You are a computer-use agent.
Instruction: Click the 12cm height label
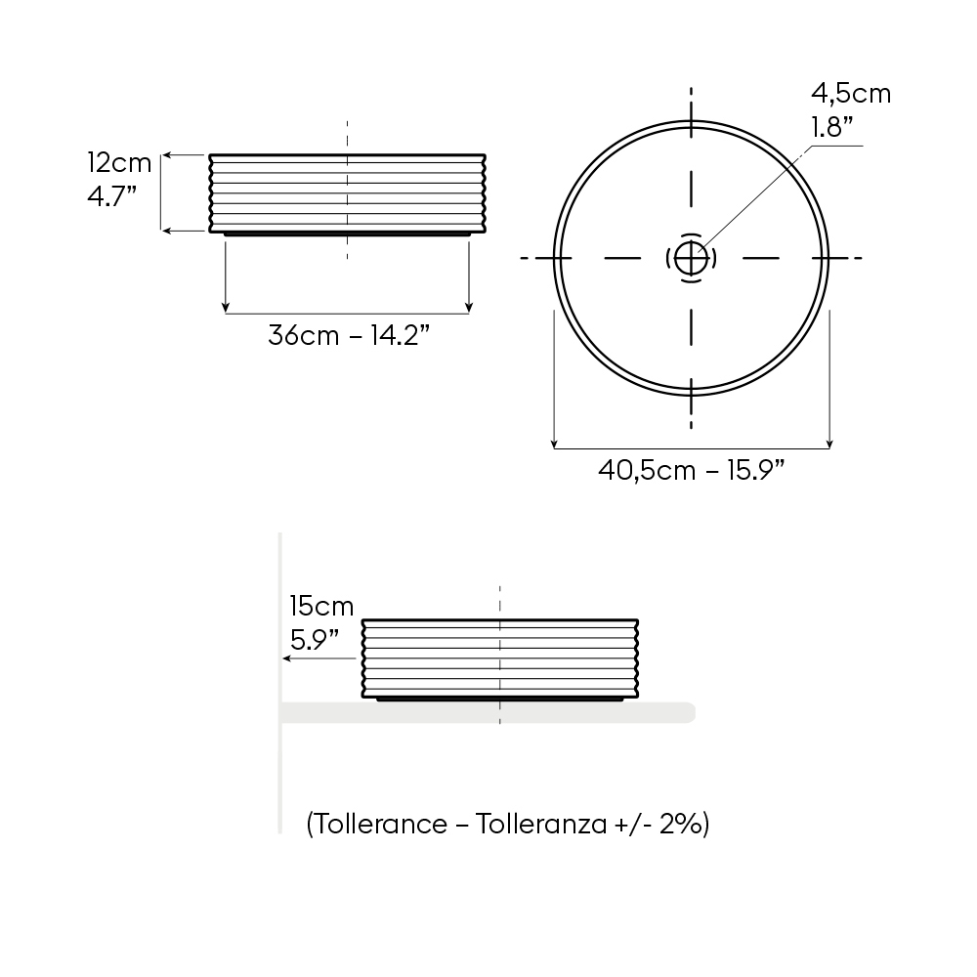tap(119, 162)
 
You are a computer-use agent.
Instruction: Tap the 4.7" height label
tap(112, 196)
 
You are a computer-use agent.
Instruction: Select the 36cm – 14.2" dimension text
tap(349, 335)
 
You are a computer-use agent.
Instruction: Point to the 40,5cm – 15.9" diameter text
tap(692, 470)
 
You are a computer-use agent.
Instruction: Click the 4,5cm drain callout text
tap(851, 94)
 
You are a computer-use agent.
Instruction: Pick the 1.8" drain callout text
tap(832, 127)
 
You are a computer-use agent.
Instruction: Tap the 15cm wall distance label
tap(321, 606)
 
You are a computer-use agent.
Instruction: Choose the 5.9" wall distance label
tap(315, 640)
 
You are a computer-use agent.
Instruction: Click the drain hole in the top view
tap(691, 258)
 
